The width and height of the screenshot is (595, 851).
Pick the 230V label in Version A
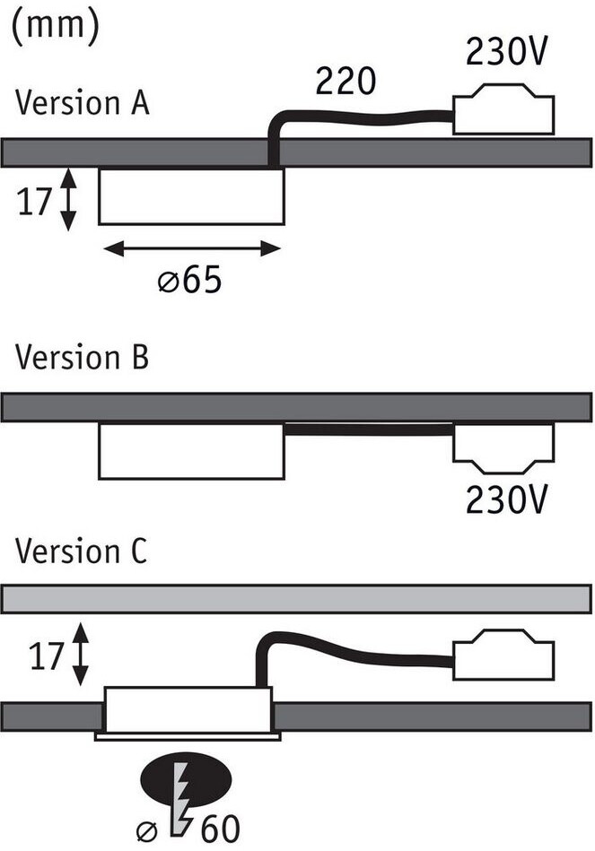(505, 54)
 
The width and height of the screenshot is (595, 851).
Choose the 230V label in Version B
(505, 499)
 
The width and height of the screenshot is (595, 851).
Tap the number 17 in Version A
(34, 202)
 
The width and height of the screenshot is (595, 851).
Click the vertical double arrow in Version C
(81, 655)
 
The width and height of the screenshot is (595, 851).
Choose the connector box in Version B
(503, 448)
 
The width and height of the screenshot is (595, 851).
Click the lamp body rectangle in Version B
(191, 450)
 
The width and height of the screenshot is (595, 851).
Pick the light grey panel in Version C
(297, 598)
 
